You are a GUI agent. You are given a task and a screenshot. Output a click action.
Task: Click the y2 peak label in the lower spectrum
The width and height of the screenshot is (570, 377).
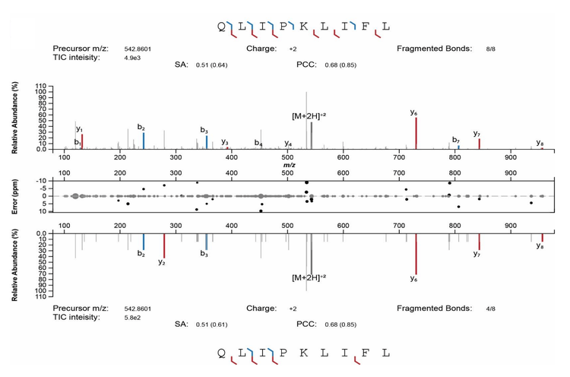[x=162, y=262]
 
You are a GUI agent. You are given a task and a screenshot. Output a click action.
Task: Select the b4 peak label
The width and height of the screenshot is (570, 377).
[x=258, y=143]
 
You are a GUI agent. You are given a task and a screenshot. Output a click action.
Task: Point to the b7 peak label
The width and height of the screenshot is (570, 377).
[x=456, y=140]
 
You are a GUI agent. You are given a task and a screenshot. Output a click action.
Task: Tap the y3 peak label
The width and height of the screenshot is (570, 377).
[x=225, y=142]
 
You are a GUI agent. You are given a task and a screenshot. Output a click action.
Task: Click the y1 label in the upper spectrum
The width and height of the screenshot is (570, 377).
[x=79, y=129]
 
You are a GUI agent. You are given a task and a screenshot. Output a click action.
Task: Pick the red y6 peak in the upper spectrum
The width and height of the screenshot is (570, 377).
[x=416, y=133]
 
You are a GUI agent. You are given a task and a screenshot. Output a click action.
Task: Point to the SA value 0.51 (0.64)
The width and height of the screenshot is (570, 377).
[x=211, y=65]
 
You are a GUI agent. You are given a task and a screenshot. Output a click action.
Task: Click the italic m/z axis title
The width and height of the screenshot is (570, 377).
[x=289, y=164]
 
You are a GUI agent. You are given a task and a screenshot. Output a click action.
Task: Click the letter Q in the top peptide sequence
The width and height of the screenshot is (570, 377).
[x=221, y=26]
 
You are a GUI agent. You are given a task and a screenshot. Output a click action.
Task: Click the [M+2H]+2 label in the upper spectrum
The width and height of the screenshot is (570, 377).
[x=309, y=116]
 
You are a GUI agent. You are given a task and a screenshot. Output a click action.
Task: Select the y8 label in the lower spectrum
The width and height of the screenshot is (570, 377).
[x=540, y=246]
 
